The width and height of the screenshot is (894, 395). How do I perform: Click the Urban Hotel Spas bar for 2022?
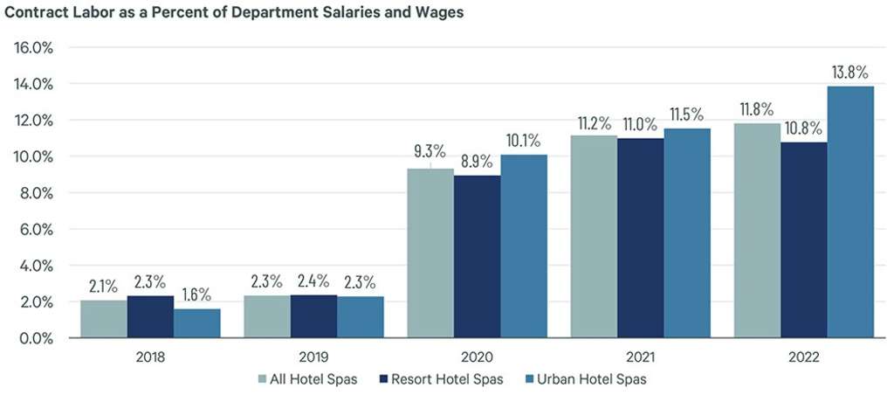(x=850, y=211)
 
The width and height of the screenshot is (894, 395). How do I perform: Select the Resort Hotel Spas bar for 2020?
(x=477, y=256)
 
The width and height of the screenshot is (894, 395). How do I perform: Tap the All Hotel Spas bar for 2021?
(x=594, y=236)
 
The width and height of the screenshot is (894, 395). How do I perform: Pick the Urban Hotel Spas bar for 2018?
(x=197, y=322)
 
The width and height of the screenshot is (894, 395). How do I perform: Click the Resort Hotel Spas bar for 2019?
(x=313, y=315)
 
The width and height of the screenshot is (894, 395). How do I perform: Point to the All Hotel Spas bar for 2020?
(x=430, y=253)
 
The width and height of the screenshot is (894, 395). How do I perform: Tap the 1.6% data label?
(x=197, y=295)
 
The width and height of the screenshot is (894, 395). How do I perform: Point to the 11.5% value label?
(x=687, y=115)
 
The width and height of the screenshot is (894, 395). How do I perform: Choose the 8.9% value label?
(x=477, y=162)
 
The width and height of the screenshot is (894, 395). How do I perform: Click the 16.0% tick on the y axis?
(x=34, y=48)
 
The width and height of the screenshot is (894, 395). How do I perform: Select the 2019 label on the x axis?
(x=313, y=357)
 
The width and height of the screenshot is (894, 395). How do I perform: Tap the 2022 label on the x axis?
(x=803, y=357)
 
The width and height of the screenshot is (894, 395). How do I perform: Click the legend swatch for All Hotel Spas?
(x=263, y=379)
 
